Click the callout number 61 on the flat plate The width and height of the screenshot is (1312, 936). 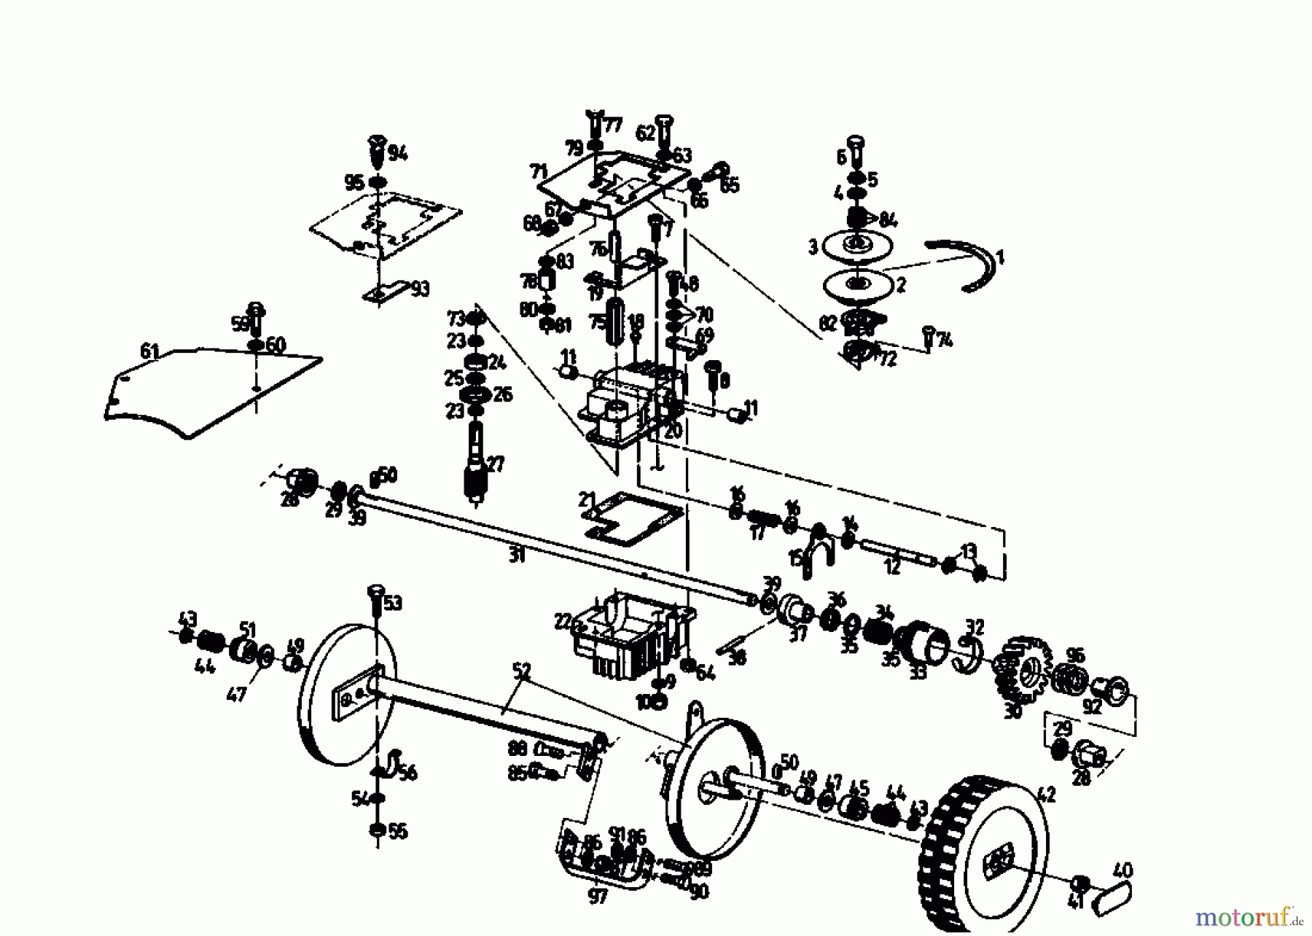coord(149,353)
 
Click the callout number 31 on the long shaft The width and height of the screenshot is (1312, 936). coord(516,556)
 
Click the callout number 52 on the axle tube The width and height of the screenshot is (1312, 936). coord(521,671)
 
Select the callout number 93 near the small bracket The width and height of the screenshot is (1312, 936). coord(419,289)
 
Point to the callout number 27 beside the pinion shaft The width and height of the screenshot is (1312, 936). coord(496,464)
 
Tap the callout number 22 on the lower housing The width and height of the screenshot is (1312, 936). coord(563,622)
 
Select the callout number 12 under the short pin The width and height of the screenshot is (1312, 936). coord(893,566)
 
